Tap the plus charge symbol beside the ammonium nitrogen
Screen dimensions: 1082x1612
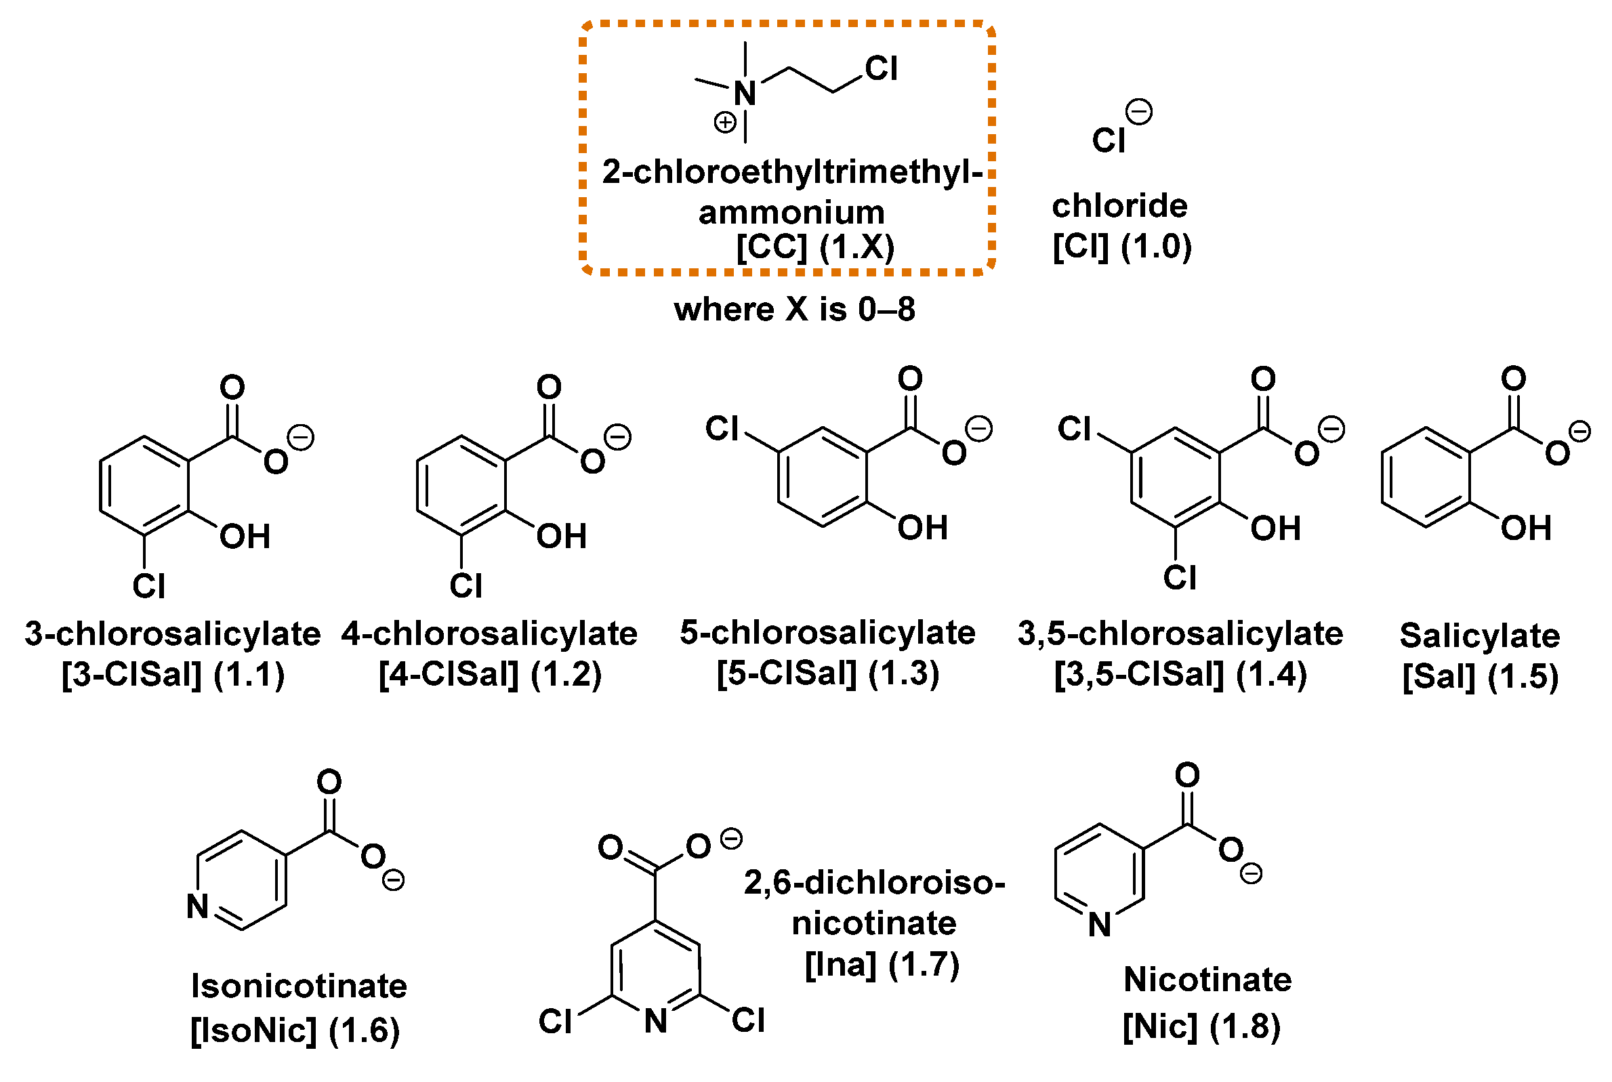[x=725, y=123]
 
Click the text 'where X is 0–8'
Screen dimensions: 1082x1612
[x=795, y=309]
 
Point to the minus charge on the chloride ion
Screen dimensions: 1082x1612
[x=1139, y=112]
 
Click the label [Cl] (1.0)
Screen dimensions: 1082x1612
[x=1123, y=247]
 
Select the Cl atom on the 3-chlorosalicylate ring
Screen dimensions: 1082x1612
[x=149, y=587]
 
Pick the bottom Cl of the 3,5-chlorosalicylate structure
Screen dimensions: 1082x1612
[x=1180, y=578]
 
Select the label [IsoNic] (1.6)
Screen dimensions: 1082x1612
[x=295, y=1031]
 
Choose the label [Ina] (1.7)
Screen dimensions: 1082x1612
[x=883, y=965]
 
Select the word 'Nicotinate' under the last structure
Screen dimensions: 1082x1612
[x=1207, y=980]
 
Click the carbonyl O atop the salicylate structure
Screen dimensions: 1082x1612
[x=1514, y=378]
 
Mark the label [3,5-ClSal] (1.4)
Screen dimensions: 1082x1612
[x=1180, y=675]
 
